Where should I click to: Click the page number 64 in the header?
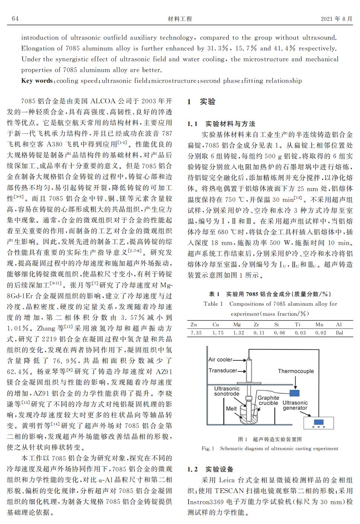pos(15,19)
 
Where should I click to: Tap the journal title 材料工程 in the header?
pos(180,19)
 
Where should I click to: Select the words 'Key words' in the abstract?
pos(37,81)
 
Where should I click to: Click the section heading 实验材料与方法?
pos(230,124)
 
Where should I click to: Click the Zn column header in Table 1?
pos(194,324)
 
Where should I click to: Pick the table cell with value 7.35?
pos(196,333)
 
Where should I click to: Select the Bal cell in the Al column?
pos(339,333)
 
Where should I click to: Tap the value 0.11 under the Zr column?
pos(258,333)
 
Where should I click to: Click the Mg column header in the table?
pos(237,324)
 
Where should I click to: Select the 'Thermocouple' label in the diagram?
pos(296,371)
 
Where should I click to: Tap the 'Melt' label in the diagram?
pos(231,408)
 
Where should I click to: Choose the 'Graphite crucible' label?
pos(268,401)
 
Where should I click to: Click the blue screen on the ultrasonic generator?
pos(319,422)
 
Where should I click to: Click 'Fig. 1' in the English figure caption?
pos(208,449)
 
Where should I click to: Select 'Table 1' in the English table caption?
pos(213,304)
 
